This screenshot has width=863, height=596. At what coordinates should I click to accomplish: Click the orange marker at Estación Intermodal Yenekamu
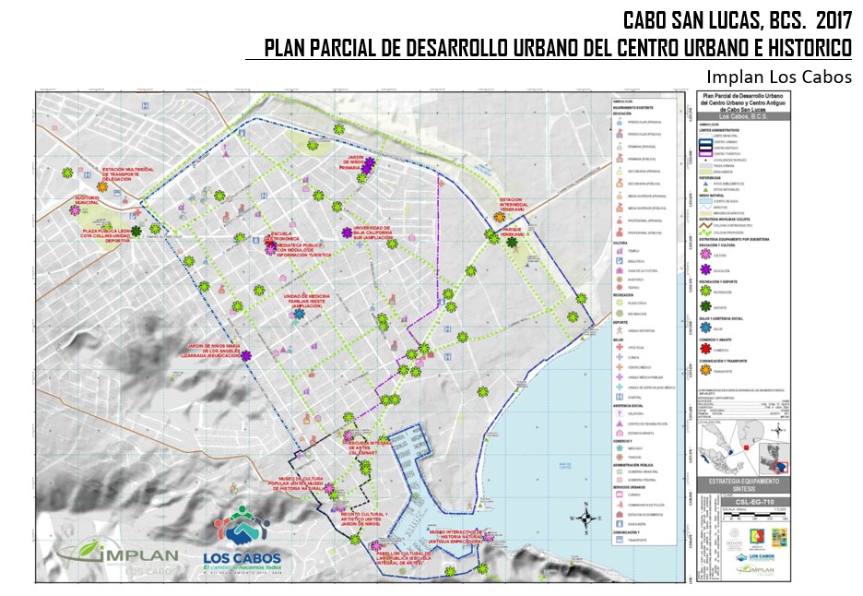[x=497, y=218]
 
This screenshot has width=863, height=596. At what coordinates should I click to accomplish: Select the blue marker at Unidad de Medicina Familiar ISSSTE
[x=299, y=314]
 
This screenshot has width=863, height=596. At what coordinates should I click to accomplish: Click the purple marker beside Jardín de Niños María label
[x=247, y=356]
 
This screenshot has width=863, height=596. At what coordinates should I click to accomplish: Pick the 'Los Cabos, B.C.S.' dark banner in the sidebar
[x=742, y=117]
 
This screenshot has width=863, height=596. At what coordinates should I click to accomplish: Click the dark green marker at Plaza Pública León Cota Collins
[x=136, y=231]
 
